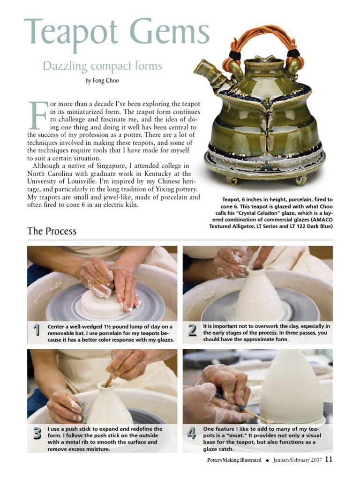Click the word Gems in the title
(x=170, y=32)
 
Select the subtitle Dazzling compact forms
(x=102, y=66)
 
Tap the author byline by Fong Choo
(x=102, y=81)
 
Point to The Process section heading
(x=52, y=231)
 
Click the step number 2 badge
(x=192, y=330)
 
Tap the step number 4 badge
(x=192, y=434)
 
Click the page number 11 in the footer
(x=329, y=460)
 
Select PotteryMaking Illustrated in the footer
(x=234, y=460)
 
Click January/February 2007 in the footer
(x=297, y=460)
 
